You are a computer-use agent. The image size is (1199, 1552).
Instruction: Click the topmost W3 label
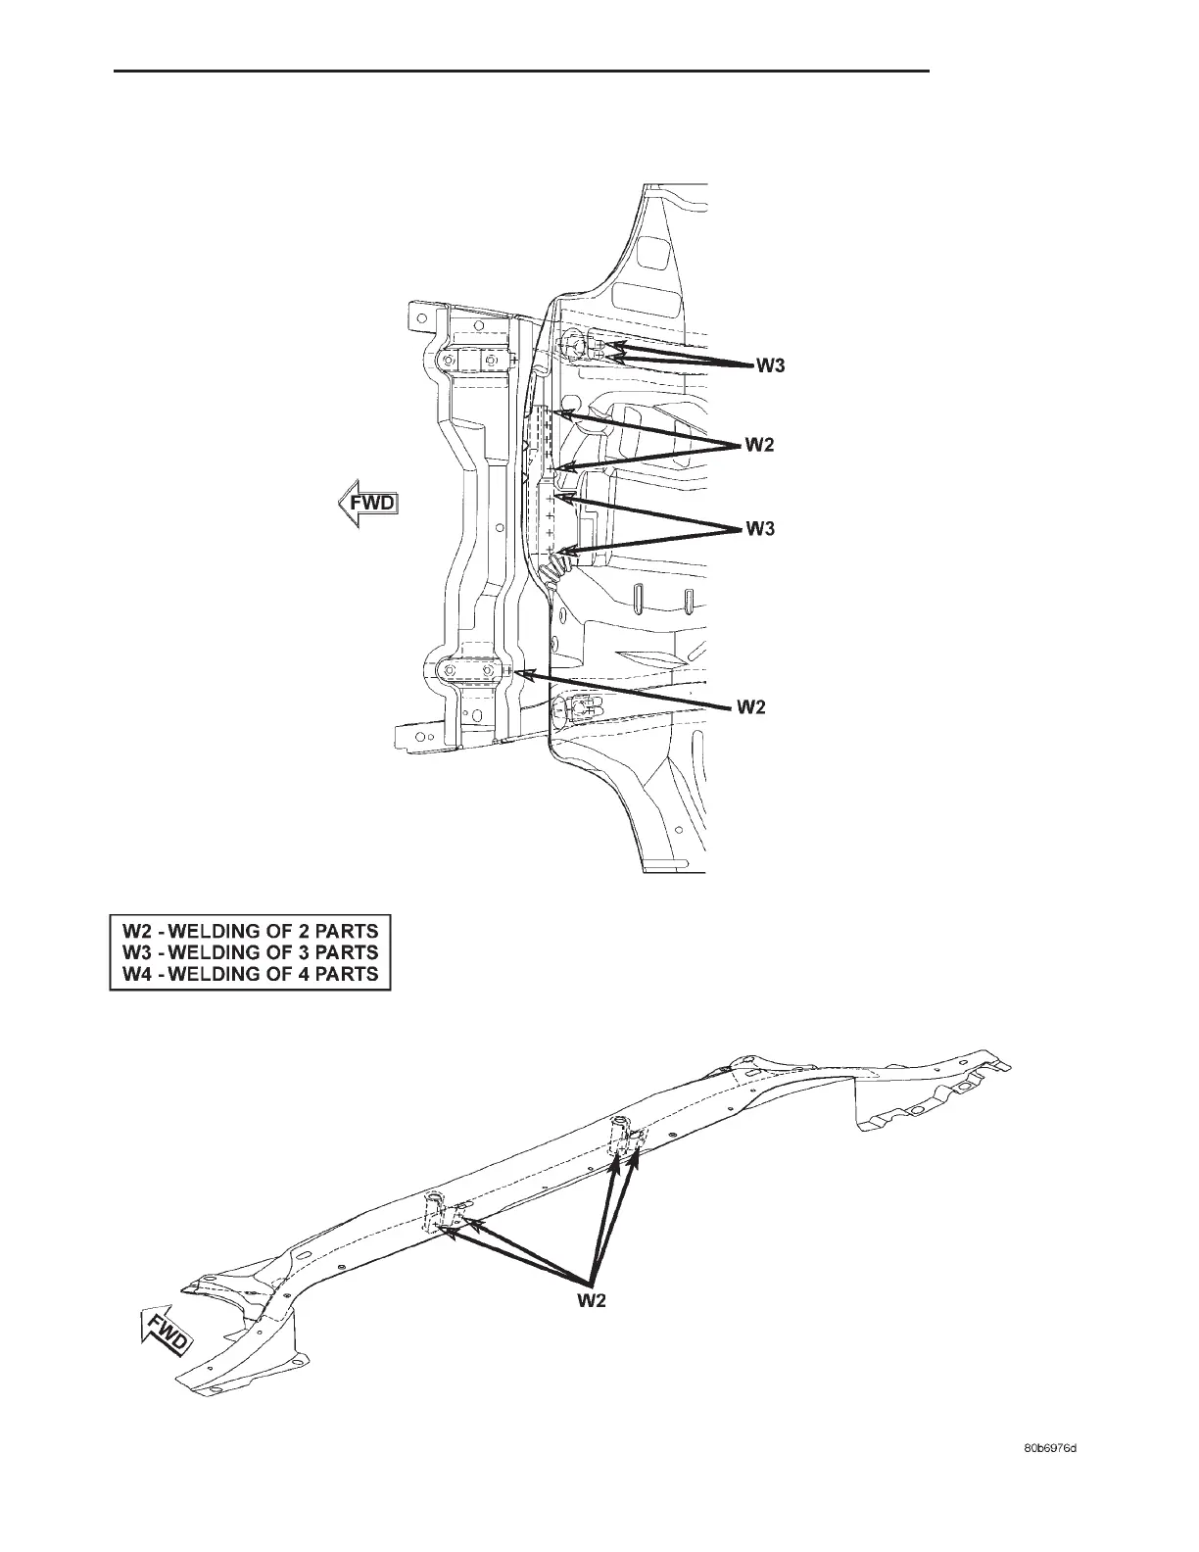click(770, 367)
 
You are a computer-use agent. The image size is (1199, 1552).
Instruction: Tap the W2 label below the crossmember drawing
click(589, 1300)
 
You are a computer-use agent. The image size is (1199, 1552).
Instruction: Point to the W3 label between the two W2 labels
click(761, 529)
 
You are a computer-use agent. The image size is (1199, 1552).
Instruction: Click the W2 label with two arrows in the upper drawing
click(760, 446)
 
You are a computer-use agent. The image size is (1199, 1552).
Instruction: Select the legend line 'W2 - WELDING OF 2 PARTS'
click(250, 929)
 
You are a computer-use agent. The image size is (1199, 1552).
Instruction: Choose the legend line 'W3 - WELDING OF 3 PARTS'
click(250, 951)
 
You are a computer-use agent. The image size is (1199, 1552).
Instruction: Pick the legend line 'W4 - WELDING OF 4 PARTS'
click(250, 974)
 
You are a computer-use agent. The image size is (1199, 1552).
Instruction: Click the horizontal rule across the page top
click(521, 71)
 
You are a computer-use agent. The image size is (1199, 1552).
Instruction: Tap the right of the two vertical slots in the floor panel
click(689, 601)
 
